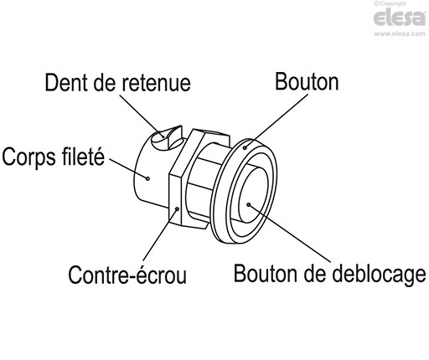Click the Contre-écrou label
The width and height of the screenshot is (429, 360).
click(x=127, y=274)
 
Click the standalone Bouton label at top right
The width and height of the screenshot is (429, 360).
click(x=307, y=82)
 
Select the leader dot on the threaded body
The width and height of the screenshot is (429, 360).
click(x=147, y=177)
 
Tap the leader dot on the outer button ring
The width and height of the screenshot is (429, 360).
click(x=246, y=147)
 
